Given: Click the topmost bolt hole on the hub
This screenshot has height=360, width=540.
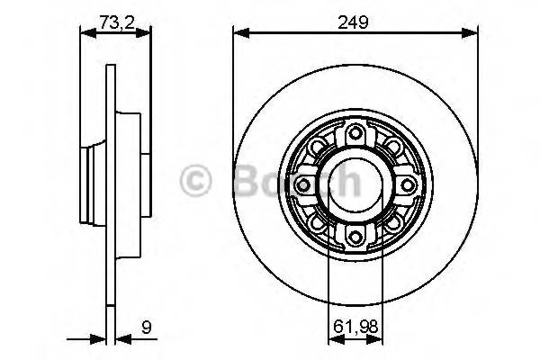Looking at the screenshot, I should [x=355, y=135].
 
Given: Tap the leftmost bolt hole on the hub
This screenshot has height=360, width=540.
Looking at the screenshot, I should [x=304, y=185].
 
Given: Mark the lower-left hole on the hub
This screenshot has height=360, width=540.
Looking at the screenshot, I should [x=318, y=222].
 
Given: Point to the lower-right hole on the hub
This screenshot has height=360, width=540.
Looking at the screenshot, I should [x=392, y=222].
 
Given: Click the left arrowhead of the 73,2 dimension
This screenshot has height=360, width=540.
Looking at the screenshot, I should [x=85, y=34].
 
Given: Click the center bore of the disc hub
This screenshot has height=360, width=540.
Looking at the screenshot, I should [x=355, y=185].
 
